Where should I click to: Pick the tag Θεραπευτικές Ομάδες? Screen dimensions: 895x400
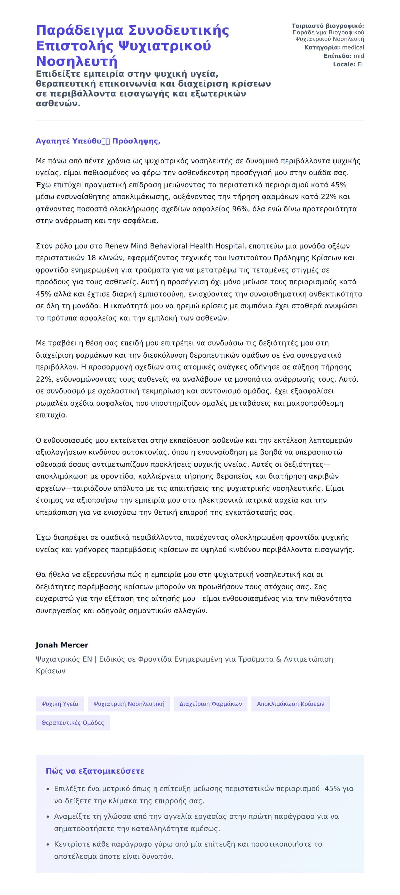click(73, 723)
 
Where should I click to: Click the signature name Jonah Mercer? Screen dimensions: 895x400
click(62, 645)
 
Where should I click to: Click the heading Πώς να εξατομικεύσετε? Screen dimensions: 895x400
click(95, 771)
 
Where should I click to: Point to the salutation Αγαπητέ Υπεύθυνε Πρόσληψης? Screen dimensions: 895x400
click(98, 141)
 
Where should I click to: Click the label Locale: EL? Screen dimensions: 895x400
click(348, 64)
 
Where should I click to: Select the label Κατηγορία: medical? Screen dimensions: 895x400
click(334, 47)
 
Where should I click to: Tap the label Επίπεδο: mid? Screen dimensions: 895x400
click(344, 56)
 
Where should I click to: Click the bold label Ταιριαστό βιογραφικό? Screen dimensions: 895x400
click(327, 26)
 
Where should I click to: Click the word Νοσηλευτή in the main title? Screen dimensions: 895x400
click(76, 61)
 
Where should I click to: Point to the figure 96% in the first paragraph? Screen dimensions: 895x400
click(239, 209)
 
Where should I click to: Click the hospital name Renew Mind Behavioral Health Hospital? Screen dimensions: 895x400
click(174, 246)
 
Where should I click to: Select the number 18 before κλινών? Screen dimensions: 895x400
click(91, 258)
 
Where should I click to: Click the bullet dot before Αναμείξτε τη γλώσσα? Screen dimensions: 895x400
click(48, 816)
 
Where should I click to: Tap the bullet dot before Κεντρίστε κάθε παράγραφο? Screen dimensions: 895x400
click(48, 844)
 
